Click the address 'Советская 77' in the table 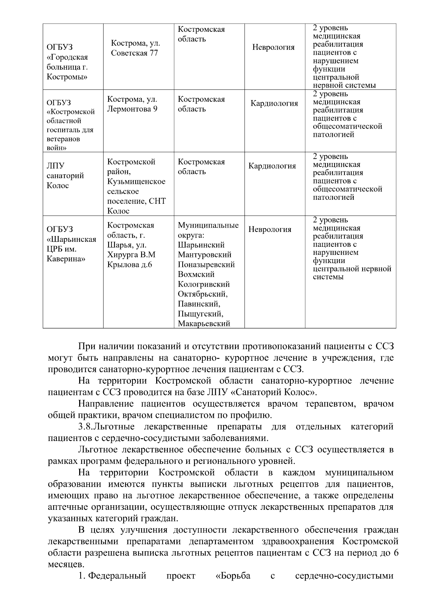(134, 53)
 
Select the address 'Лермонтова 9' (132, 109)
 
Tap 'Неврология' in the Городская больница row (273, 47)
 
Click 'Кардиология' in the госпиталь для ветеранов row (274, 103)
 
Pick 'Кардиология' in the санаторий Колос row (272, 166)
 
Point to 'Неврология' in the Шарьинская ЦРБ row (270, 229)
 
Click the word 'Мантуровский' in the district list (205, 255)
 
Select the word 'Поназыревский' (206, 264)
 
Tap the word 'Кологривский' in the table (204, 284)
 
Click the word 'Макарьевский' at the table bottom (204, 323)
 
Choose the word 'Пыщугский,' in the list (200, 314)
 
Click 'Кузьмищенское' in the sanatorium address (136, 182)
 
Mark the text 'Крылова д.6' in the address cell (130, 264)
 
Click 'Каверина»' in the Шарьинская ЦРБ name (66, 259)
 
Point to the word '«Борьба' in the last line (233, 576)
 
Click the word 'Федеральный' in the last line (117, 576)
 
